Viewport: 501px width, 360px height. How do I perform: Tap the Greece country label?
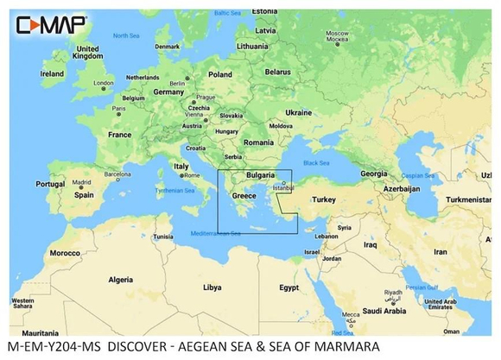point(244,196)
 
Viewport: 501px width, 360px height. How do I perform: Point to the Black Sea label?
point(314,162)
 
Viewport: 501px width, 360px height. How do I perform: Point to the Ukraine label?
point(298,112)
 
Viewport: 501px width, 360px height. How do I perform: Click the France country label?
point(119,135)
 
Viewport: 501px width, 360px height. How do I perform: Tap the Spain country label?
point(83,195)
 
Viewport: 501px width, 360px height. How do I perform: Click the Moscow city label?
point(337,35)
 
